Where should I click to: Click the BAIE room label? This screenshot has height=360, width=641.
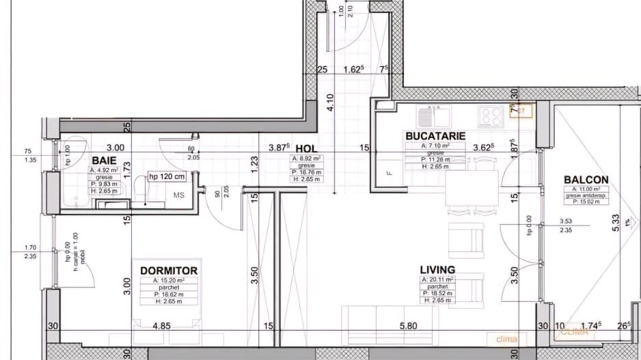pyautogui.click(x=105, y=160)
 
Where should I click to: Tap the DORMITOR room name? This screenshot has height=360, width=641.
pyautogui.click(x=169, y=271)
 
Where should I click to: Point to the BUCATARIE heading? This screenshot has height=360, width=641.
pyautogui.click(x=435, y=136)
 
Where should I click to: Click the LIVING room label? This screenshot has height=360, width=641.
pyautogui.click(x=438, y=269)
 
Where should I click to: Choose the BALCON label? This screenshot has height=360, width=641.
pyautogui.click(x=586, y=180)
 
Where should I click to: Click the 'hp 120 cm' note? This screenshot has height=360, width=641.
pyautogui.click(x=167, y=177)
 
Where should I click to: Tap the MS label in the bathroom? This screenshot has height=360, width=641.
pyautogui.click(x=178, y=195)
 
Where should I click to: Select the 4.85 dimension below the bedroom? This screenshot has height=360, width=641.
pyautogui.click(x=161, y=326)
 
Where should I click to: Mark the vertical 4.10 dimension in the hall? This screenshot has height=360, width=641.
pyautogui.click(x=330, y=103)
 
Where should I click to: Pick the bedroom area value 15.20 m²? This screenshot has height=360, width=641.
pyautogui.click(x=168, y=280)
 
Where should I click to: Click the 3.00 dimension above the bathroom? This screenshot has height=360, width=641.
pyautogui.click(x=115, y=147)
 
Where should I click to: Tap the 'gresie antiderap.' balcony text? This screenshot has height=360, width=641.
pyautogui.click(x=586, y=195)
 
